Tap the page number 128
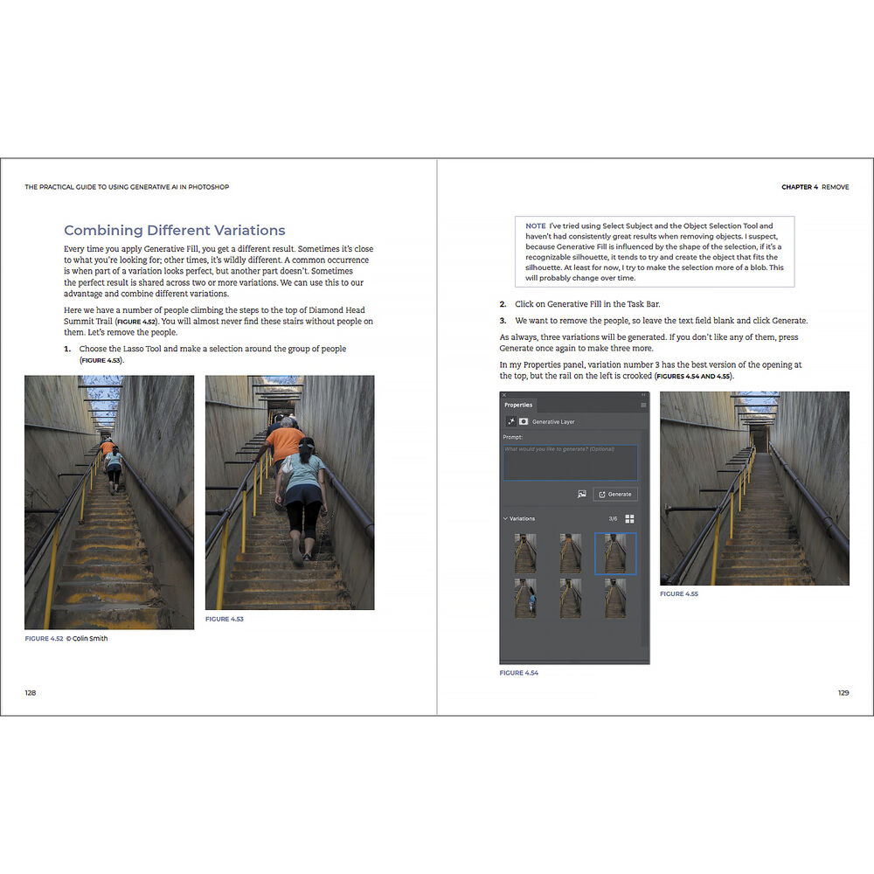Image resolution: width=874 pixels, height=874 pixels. (31, 692)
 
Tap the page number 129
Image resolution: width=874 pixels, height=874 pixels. (843, 692)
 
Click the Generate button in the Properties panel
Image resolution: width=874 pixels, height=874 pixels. (615, 494)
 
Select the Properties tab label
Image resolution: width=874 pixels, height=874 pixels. (518, 405)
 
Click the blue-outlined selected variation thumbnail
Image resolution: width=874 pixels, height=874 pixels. (615, 554)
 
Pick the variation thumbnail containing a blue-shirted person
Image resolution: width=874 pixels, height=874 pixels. (526, 597)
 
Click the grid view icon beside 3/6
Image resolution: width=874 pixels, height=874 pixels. (629, 518)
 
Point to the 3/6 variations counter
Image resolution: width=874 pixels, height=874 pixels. (614, 518)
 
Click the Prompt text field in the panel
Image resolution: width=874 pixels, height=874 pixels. (570, 461)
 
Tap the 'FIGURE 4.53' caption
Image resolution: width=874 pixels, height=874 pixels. (224, 619)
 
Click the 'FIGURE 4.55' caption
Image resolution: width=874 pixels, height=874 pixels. (678, 593)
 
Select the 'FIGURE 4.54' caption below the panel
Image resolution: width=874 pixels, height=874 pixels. (518, 673)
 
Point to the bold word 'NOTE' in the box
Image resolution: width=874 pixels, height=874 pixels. (536, 226)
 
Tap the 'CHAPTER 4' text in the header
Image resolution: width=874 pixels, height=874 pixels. (799, 187)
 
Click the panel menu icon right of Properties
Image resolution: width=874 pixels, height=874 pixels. (644, 406)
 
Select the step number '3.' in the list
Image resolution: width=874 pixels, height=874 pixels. (503, 321)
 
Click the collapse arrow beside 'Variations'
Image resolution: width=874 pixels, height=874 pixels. (505, 518)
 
